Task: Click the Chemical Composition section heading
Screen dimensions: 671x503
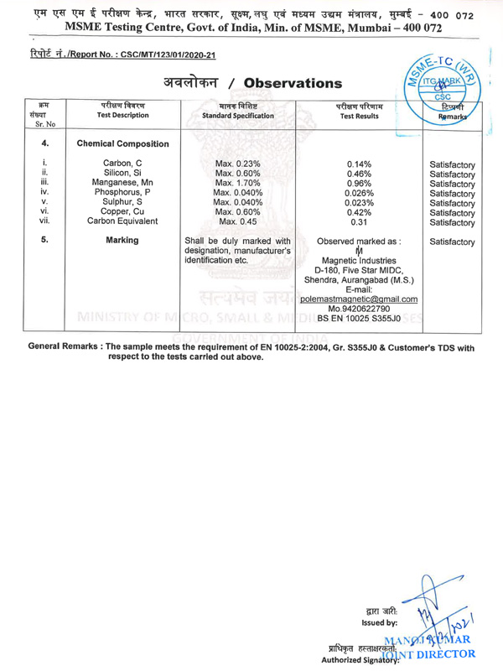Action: tap(122, 144)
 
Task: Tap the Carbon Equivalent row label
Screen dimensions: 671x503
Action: tap(122, 222)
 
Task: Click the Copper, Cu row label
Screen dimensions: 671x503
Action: tap(122, 211)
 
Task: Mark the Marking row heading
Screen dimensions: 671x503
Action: tap(122, 242)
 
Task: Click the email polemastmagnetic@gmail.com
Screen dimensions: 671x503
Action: tap(359, 299)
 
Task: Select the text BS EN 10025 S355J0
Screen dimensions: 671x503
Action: tap(359, 320)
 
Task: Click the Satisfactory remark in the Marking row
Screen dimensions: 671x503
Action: tap(452, 242)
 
